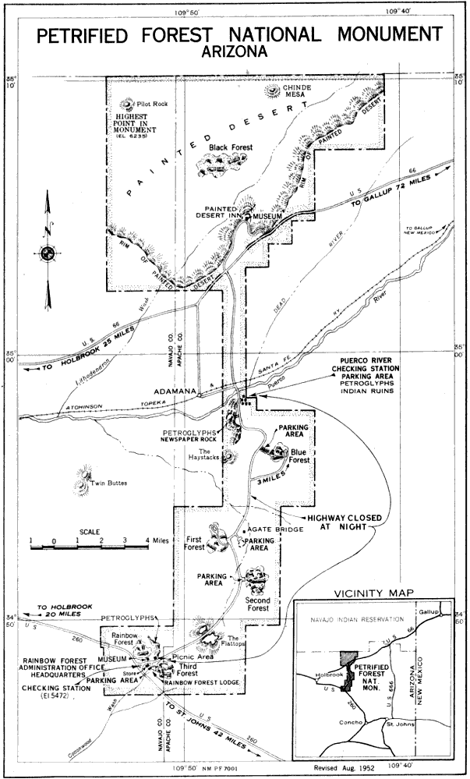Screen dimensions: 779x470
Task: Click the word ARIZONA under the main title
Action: click(x=233, y=51)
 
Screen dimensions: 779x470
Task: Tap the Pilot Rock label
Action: click(x=151, y=104)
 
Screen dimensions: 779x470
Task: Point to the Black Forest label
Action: click(x=231, y=147)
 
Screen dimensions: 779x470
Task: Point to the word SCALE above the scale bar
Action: click(x=89, y=533)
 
